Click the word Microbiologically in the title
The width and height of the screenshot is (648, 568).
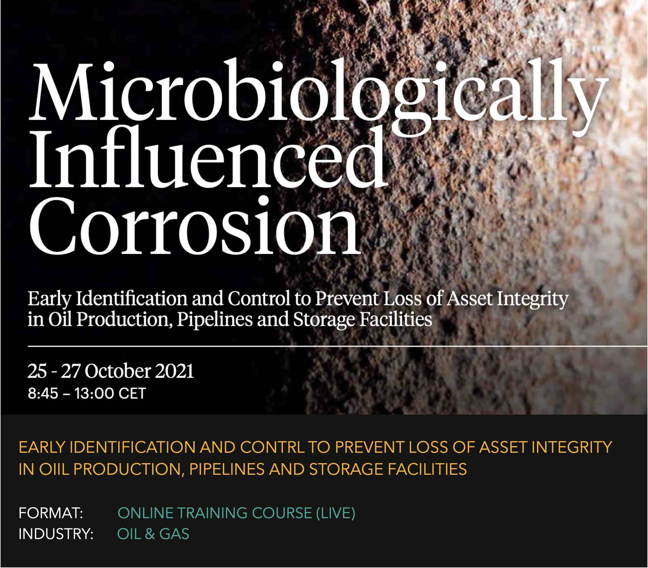318,95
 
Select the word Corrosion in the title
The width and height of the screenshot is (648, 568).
195,227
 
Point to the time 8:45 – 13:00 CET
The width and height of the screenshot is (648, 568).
87,393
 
